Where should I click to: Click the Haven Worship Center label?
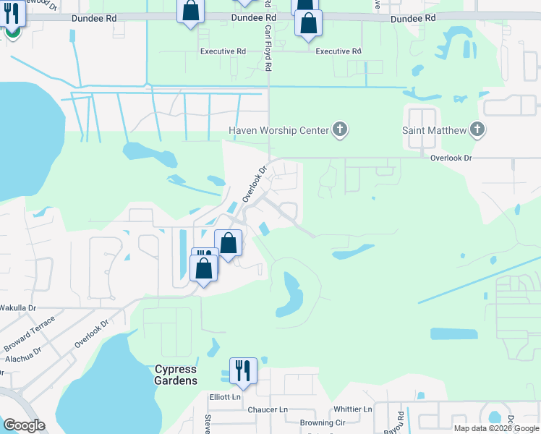pos(278,130)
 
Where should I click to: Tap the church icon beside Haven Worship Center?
pos(340,130)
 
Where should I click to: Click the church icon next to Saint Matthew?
pos(477,130)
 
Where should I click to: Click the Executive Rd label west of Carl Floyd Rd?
pos(223,51)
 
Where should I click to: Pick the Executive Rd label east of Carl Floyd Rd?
pos(338,51)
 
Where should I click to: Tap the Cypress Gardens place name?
pos(176,375)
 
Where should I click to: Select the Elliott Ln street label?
pos(225,397)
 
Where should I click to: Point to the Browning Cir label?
pos(323,422)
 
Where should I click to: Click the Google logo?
pos(24,425)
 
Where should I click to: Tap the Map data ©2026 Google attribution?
pos(497,428)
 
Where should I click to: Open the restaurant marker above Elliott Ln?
pos(242,371)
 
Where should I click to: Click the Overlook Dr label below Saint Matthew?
pos(451,157)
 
